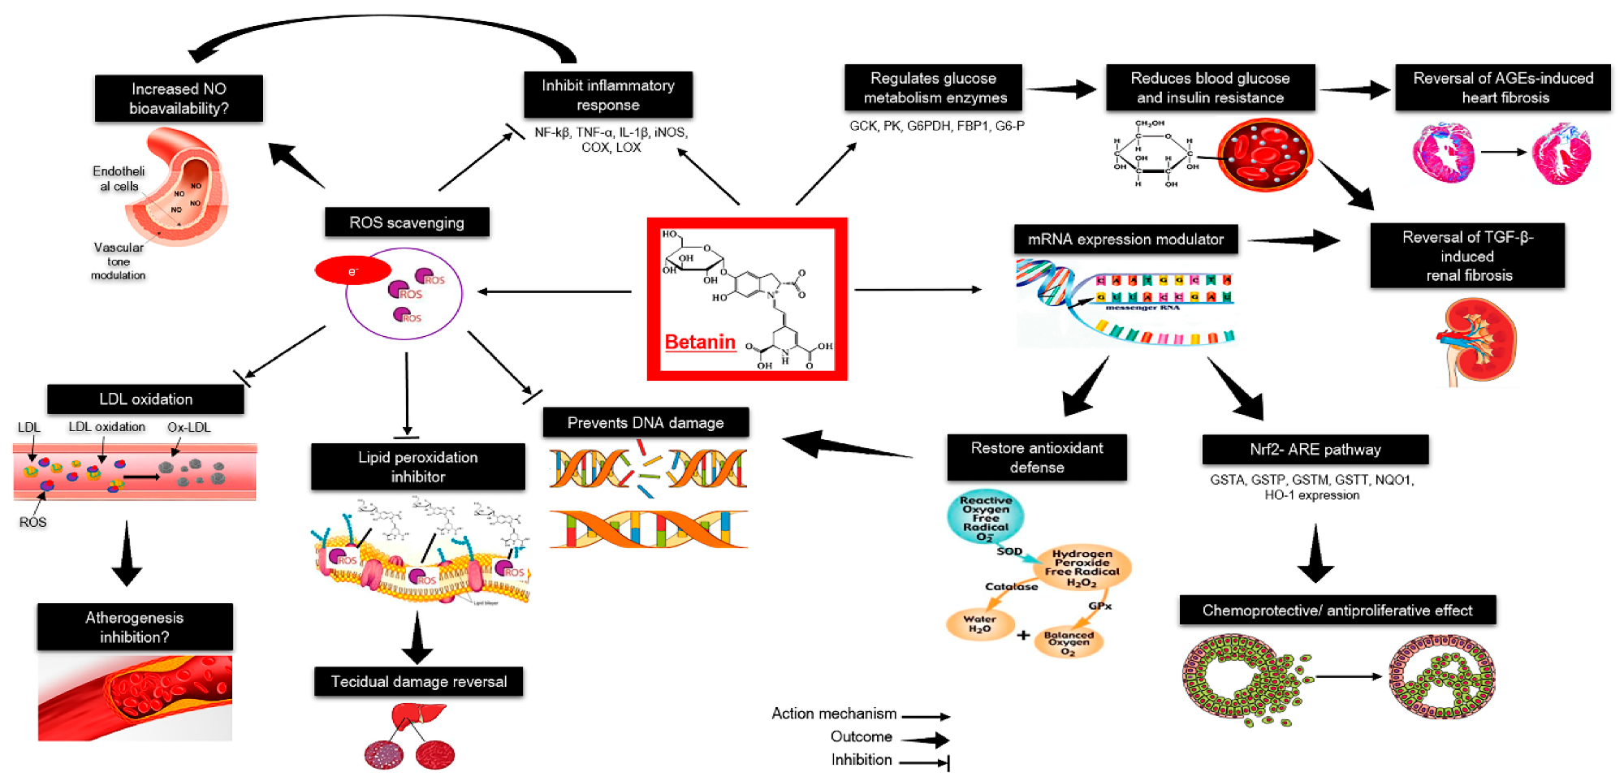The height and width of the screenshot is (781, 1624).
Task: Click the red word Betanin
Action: tap(700, 342)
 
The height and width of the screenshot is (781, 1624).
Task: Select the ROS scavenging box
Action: tap(407, 222)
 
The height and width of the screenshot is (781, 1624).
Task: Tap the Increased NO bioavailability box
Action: tap(179, 98)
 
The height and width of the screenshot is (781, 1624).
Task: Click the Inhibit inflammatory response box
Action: tap(607, 95)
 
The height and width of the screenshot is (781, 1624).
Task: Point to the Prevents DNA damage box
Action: tap(646, 422)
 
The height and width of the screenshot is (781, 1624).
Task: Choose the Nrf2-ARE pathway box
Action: tap(1315, 449)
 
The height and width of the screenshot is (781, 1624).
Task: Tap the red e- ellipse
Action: tap(352, 271)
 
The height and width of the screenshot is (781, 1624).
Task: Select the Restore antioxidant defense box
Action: tap(1036, 457)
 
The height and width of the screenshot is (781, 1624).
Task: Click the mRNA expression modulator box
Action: tap(1125, 239)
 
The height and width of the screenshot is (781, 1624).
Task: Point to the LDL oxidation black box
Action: tap(145, 399)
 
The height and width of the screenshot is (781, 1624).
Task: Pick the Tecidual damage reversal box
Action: tap(418, 682)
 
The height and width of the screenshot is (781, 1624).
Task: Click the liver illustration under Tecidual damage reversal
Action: tap(417, 718)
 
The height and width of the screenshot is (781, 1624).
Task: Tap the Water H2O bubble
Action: tap(979, 624)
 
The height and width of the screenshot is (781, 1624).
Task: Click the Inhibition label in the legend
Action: tap(862, 760)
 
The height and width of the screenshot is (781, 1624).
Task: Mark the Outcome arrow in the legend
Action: tap(925, 740)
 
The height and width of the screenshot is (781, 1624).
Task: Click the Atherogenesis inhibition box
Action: tap(135, 627)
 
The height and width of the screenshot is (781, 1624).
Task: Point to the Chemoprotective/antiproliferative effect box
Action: tap(1337, 611)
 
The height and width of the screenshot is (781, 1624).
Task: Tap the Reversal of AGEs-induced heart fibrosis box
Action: tap(1503, 88)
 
